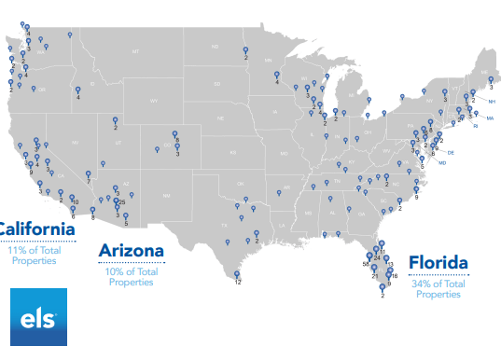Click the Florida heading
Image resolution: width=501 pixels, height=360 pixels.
[x=438, y=263]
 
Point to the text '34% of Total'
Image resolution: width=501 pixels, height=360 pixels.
[x=438, y=284]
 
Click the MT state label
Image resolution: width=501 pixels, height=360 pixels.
[x=135, y=50]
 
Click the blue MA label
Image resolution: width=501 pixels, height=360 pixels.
[x=489, y=118]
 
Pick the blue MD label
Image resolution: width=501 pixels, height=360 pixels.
[x=442, y=163]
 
